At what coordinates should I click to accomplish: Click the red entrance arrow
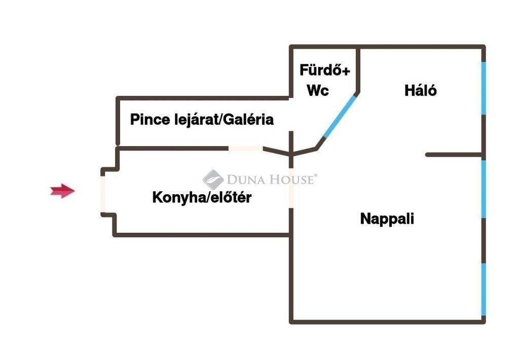tap(62, 191)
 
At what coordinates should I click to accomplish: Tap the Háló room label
tap(421, 90)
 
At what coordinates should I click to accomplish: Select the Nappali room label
tap(387, 219)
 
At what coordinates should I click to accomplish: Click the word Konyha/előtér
tap(202, 198)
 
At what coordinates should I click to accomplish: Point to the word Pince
tap(148, 120)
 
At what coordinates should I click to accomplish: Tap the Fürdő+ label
tap(324, 70)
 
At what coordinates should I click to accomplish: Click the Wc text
tap(318, 91)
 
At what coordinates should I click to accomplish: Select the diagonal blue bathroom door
tap(340, 116)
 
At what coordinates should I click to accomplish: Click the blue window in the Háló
tap(484, 88)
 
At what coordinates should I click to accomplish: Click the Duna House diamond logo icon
tap(213, 179)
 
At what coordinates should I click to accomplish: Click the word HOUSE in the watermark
tap(291, 179)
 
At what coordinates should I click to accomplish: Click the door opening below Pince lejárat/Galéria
tap(245, 148)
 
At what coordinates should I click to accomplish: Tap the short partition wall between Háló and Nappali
tap(453, 154)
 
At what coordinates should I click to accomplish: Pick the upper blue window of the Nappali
tap(484, 189)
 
